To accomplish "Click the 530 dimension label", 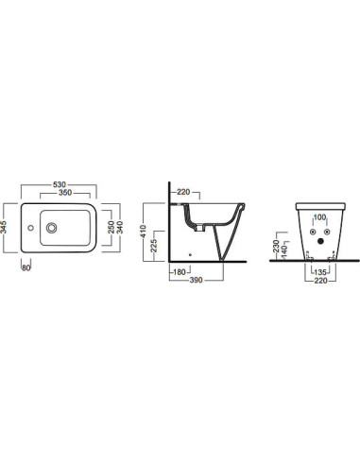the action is (60, 184).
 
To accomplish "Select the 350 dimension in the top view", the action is (65, 193).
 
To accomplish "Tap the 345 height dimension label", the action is (4, 227).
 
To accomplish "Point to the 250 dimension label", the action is (111, 227).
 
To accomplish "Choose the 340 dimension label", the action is (120, 227).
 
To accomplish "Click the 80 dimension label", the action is (26, 268).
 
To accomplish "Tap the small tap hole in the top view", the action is (30, 228).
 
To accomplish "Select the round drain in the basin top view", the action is (51, 228).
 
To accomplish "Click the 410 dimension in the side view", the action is (144, 231).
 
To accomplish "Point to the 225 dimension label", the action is (154, 245).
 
